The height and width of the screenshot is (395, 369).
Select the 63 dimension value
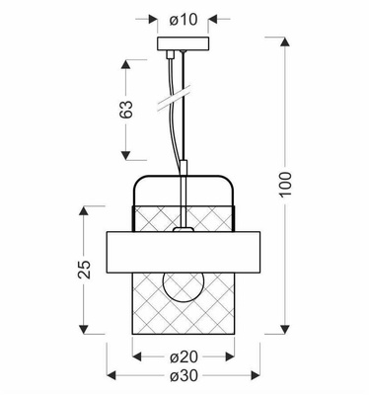pos(125,110)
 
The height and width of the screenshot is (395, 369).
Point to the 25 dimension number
pos(85,269)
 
